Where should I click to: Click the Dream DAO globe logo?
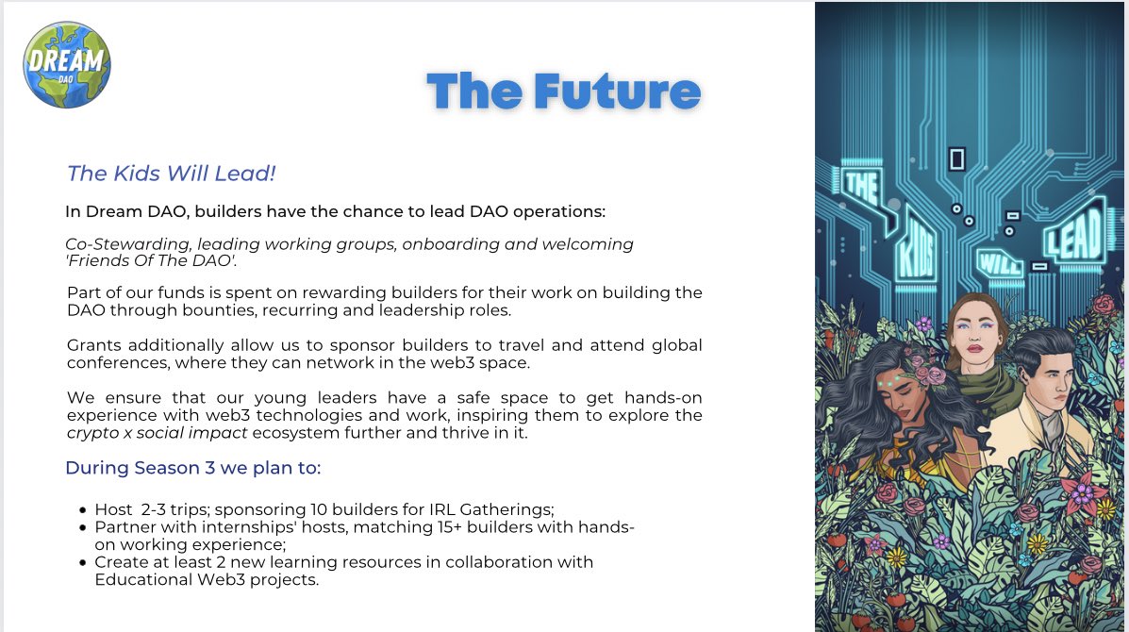67,65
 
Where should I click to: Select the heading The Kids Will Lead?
171,174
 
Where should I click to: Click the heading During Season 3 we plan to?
193,468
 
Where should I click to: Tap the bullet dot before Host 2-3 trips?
83,509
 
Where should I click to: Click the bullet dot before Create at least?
83,562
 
